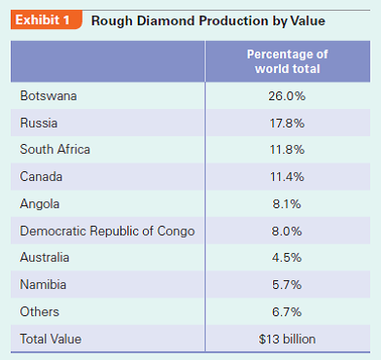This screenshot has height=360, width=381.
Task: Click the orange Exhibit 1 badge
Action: coord(43,20)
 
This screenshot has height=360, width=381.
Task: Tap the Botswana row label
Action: coord(48,96)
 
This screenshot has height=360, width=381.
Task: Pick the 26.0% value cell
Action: coord(287,96)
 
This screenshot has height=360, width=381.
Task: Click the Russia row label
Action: coord(39,124)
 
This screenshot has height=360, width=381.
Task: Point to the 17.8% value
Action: coord(287,124)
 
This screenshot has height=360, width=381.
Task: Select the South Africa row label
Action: coord(54,150)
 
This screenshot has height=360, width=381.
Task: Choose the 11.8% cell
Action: coord(287,150)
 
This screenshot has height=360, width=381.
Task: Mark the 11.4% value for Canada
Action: coord(287,177)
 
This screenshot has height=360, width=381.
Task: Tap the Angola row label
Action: coord(40,204)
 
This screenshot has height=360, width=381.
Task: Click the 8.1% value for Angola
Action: coord(287,204)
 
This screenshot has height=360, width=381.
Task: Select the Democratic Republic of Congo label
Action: coord(107,231)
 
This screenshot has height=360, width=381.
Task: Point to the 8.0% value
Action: coord(287,231)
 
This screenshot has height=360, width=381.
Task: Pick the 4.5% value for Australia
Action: coord(287,258)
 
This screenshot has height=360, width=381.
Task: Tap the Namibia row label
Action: coord(44,285)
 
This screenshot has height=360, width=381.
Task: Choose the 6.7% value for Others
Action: coord(287,311)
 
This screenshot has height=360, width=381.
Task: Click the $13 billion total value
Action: coord(287,339)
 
